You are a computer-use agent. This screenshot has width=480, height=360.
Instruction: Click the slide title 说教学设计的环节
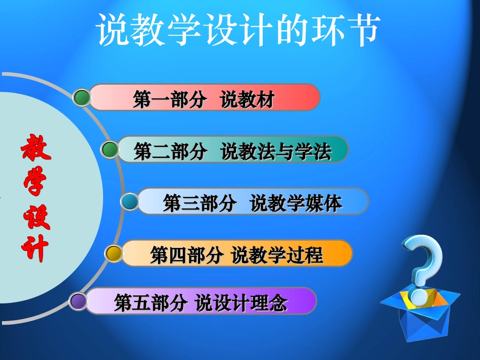tap(237, 30)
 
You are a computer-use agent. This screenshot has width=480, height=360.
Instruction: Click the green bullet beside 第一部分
tap(81, 97)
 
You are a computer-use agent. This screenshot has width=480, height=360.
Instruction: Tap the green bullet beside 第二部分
tap(110, 149)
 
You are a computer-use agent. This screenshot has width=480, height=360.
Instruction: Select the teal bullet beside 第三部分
tap(130, 202)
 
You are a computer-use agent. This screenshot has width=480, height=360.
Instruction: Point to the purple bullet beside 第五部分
tap(78, 301)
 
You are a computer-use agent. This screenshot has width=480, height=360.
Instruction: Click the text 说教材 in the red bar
tap(247, 100)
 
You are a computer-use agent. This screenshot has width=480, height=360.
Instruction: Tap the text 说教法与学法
tap(276, 152)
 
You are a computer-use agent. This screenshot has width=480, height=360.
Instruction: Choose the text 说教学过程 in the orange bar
tap(277, 255)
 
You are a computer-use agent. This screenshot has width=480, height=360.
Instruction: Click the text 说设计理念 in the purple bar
tap(242, 303)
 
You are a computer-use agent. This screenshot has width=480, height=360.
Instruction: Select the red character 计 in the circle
tap(35, 248)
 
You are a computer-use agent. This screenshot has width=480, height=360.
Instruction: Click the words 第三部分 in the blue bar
tap(200, 203)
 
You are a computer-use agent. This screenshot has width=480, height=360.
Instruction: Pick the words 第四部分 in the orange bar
tap(186, 255)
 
